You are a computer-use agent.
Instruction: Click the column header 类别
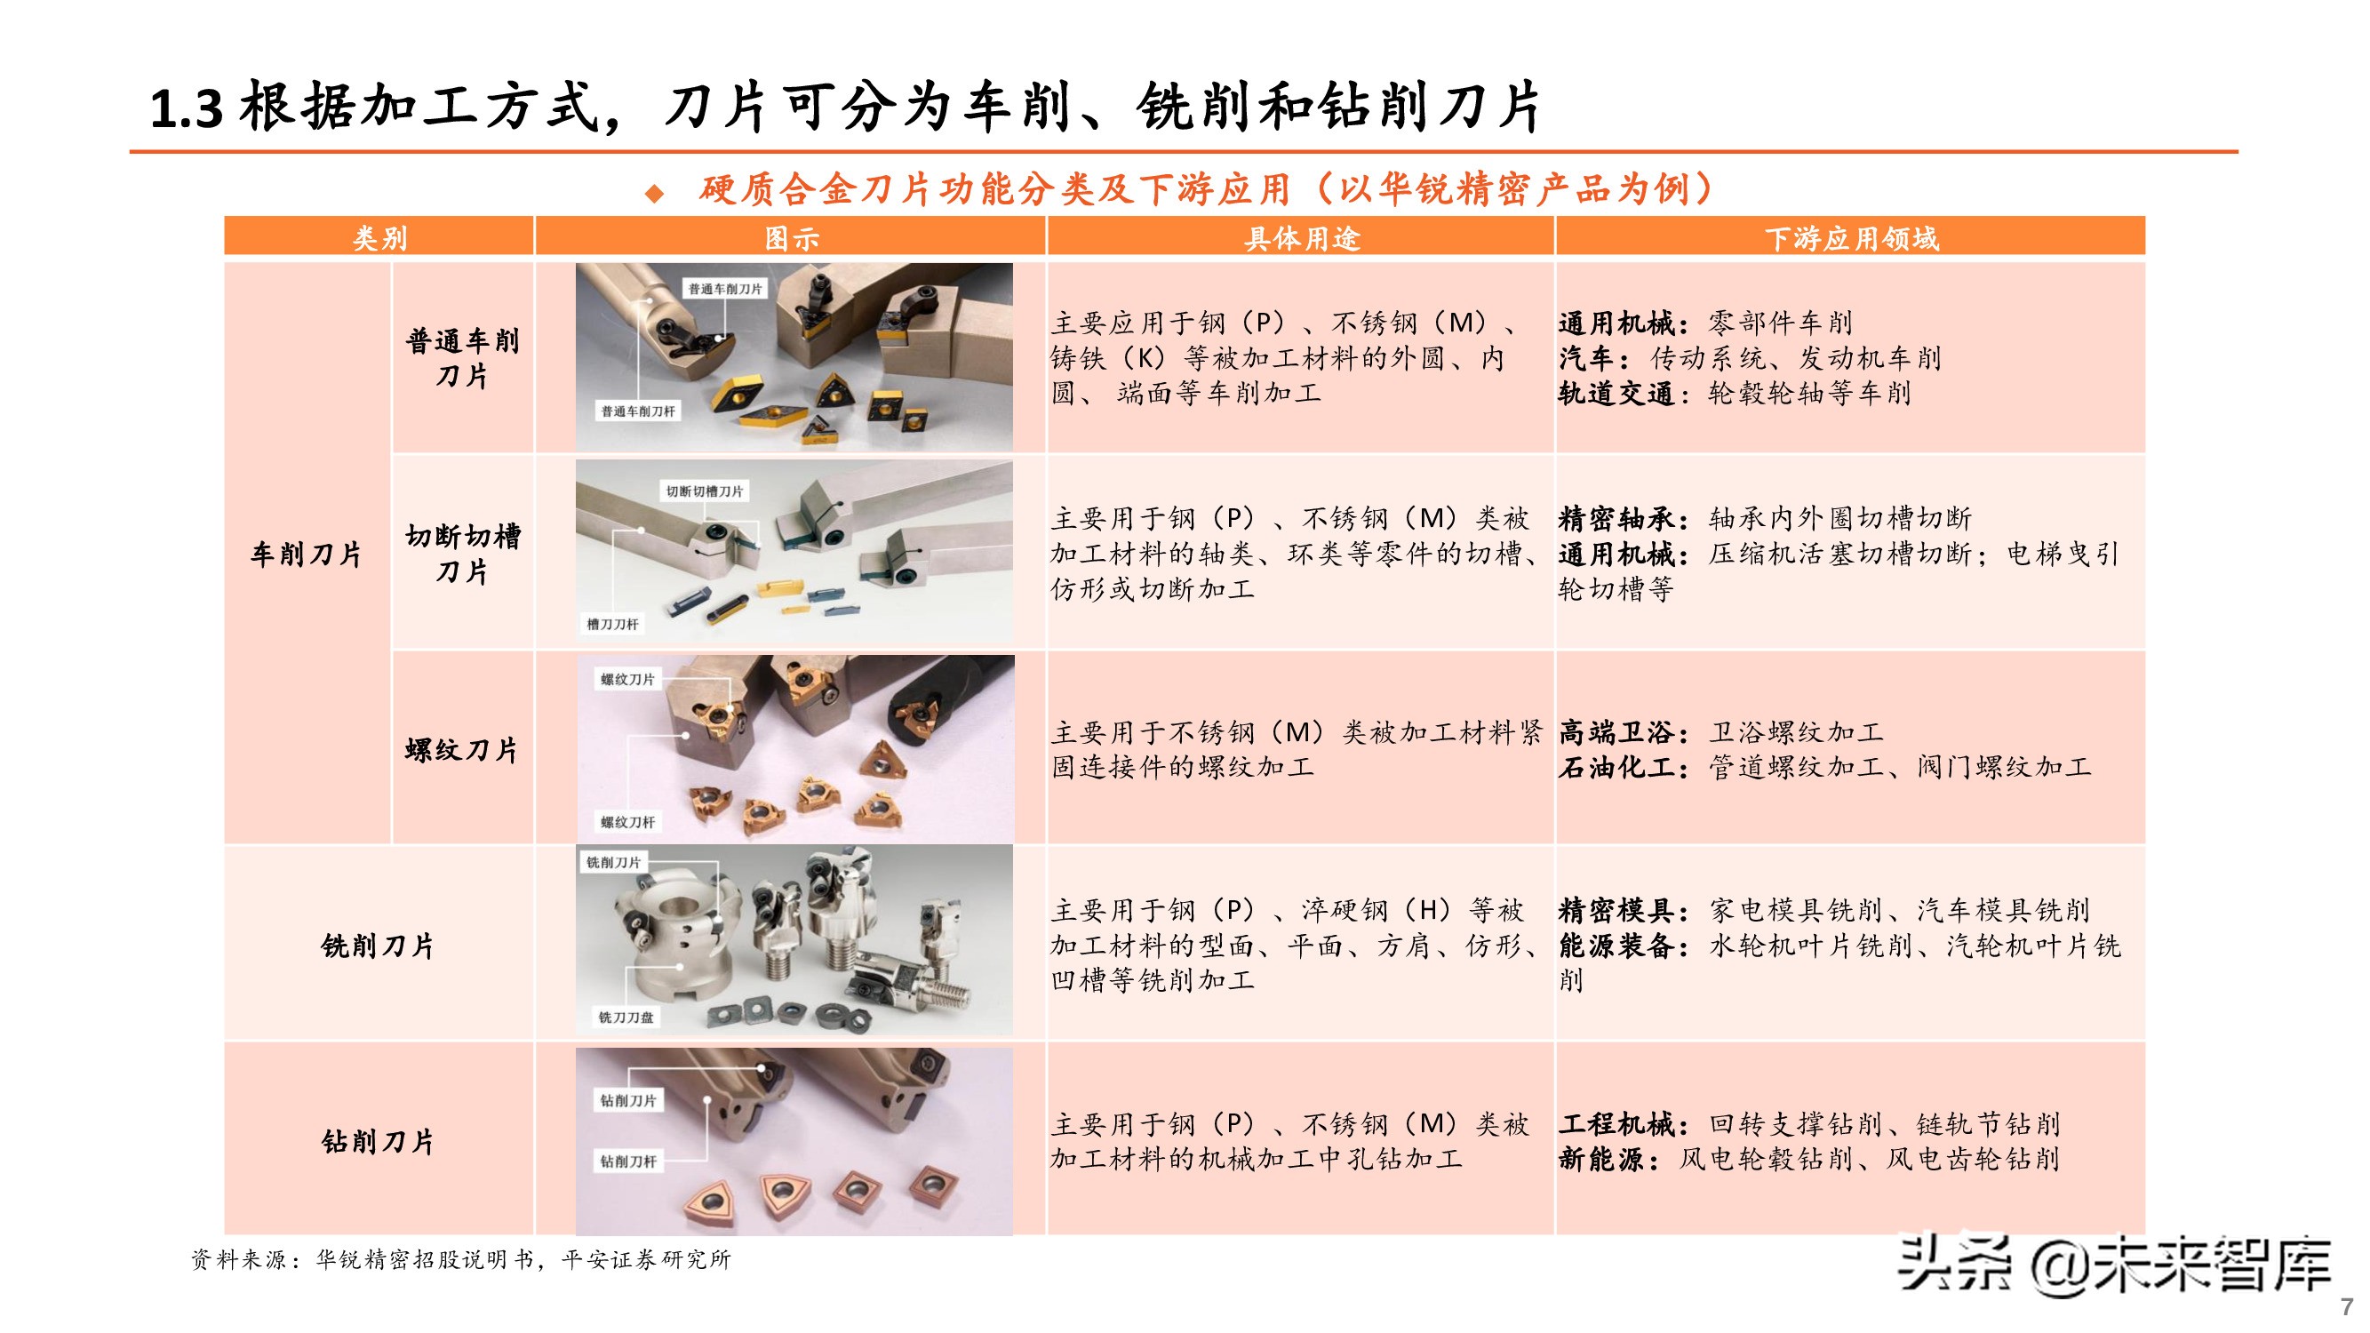[379, 238]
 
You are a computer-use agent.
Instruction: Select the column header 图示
[791, 238]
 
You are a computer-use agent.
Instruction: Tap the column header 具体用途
[1301, 238]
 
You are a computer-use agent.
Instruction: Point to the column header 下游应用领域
[1851, 238]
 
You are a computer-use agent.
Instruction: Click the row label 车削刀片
[307, 554]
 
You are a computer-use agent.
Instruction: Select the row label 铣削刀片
[379, 945]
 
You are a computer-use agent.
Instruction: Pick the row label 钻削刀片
[379, 1141]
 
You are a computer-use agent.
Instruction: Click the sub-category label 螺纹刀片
[462, 749]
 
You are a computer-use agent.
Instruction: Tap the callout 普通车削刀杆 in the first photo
[637, 411]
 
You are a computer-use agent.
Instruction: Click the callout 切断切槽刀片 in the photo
[705, 491]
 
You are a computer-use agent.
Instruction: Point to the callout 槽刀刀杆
[613, 624]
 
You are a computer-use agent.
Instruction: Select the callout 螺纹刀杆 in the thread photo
[627, 821]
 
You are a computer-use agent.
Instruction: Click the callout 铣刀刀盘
[626, 1017]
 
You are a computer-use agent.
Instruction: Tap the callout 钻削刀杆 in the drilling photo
[628, 1161]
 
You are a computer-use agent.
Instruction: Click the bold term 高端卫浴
[1617, 732]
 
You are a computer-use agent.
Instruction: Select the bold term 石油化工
[1617, 767]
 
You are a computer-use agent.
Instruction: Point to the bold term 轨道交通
[1617, 394]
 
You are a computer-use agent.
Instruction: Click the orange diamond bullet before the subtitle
[654, 192]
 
